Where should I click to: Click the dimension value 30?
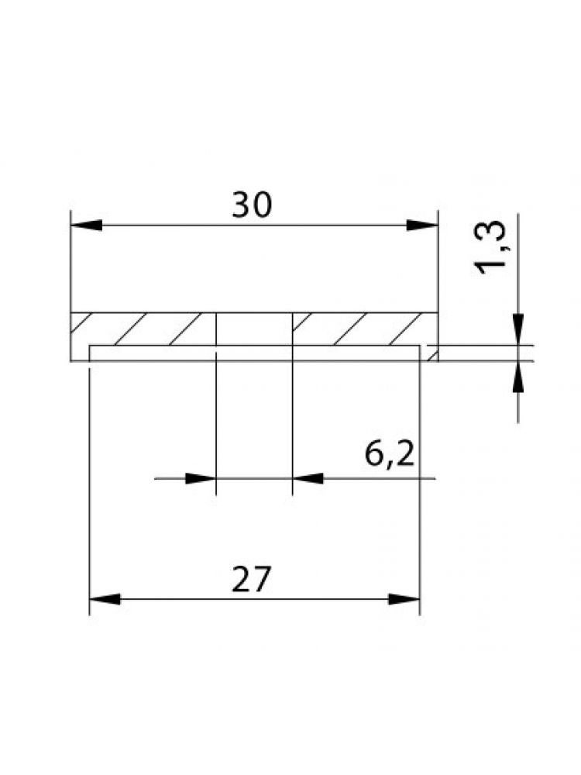(x=252, y=205)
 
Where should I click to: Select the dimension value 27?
(x=251, y=579)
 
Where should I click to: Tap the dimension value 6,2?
(x=390, y=455)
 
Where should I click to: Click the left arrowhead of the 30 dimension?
(x=87, y=226)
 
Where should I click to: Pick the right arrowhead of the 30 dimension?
(x=422, y=226)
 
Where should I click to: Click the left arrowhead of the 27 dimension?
(x=105, y=599)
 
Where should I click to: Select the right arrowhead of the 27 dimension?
(x=404, y=599)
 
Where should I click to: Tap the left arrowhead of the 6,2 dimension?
(x=201, y=478)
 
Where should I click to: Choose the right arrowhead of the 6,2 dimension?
(x=308, y=478)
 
